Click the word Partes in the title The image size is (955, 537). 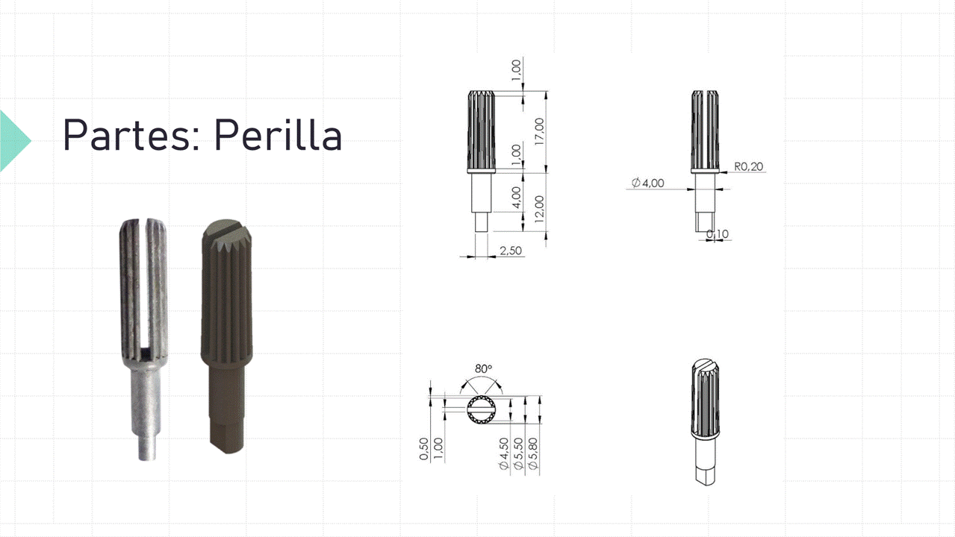(x=126, y=134)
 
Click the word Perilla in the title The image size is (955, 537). (x=278, y=134)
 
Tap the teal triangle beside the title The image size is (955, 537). (x=14, y=141)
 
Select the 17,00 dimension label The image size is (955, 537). (x=539, y=131)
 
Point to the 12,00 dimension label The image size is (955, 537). (x=539, y=209)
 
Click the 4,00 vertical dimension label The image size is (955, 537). (x=516, y=198)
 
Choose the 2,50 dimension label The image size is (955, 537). (x=511, y=251)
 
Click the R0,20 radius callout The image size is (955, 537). (x=749, y=166)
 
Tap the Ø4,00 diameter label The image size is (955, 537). (x=647, y=183)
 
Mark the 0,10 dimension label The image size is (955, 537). (x=718, y=233)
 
